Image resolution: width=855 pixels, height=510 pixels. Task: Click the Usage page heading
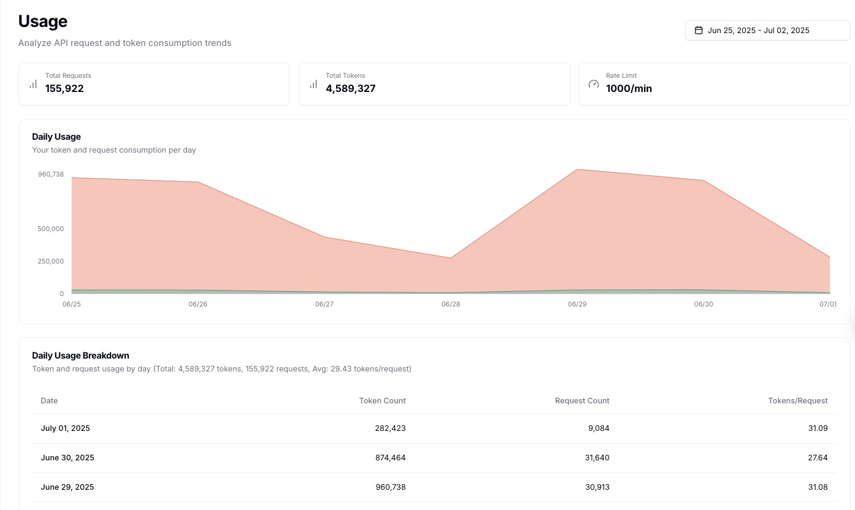(x=43, y=21)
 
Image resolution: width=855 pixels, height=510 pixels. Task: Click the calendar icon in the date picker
(x=698, y=30)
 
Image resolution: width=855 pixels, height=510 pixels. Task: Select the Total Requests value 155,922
(x=64, y=88)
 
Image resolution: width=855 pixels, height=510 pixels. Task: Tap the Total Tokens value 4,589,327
(x=350, y=88)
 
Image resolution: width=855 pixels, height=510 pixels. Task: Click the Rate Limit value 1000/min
(x=629, y=88)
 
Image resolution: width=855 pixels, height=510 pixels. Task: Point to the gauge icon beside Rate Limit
(x=593, y=84)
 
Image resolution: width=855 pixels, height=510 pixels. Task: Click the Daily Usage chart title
(x=56, y=137)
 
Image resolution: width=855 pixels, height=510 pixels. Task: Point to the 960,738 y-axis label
(x=51, y=174)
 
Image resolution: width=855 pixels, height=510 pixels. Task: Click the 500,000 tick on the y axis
(x=51, y=229)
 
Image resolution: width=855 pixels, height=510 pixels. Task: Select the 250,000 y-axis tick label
(x=51, y=261)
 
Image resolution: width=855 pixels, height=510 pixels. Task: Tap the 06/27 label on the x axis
(x=324, y=304)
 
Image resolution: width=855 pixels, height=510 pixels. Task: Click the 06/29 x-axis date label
(x=577, y=304)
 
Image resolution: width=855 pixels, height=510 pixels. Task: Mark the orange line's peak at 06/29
(x=577, y=169)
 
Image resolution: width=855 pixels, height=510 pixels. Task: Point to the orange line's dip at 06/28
(x=451, y=258)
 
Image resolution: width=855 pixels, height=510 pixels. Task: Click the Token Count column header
(x=382, y=400)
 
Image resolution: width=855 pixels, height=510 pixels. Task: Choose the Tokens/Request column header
(x=797, y=400)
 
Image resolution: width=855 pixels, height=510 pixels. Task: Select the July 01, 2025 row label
(x=66, y=428)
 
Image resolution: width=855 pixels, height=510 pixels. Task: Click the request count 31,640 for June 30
(x=596, y=458)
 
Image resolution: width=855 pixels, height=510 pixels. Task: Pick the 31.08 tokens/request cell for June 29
(x=818, y=487)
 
